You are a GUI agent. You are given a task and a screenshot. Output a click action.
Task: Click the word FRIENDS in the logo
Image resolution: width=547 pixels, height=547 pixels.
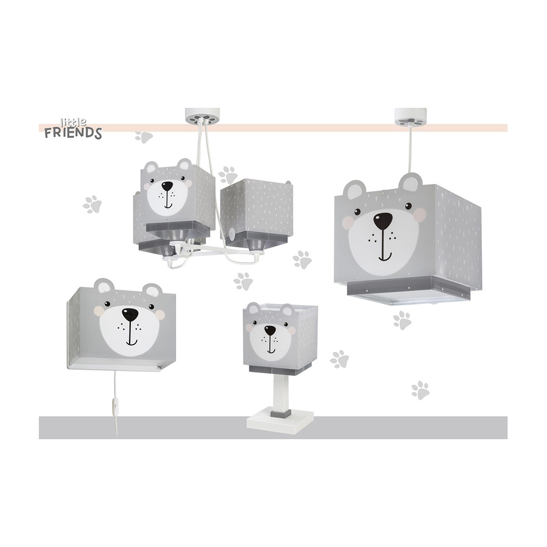(x=73, y=133)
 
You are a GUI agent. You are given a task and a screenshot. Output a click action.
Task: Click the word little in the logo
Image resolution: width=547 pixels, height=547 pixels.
(x=74, y=122)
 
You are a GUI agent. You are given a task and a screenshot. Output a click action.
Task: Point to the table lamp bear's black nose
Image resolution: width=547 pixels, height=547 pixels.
(x=269, y=330)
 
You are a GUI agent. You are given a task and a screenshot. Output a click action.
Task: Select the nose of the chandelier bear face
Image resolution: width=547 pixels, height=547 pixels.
(x=167, y=185)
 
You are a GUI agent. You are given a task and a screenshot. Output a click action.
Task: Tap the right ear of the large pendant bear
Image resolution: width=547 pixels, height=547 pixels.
(x=411, y=184)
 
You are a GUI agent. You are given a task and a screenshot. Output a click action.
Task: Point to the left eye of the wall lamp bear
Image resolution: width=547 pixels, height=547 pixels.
(x=107, y=304)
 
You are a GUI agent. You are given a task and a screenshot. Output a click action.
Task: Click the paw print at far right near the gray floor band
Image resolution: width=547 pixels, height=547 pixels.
(x=420, y=391)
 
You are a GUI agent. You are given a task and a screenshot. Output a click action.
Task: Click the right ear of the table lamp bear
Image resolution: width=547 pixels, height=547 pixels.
(x=288, y=310)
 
